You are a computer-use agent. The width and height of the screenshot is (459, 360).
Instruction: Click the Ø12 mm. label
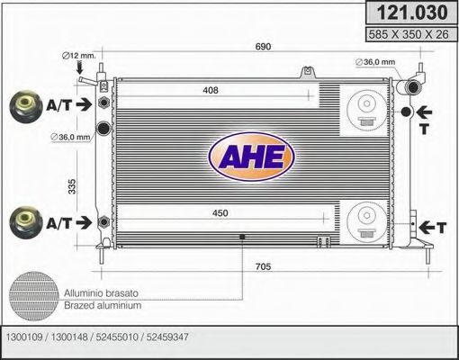point(78,57)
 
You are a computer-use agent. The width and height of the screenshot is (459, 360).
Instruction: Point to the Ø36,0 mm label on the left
point(71,137)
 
